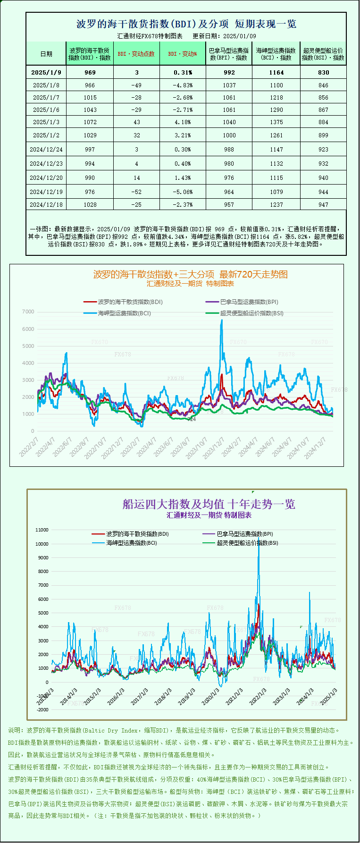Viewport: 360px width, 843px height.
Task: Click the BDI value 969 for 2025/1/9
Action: pyautogui.click(x=90, y=73)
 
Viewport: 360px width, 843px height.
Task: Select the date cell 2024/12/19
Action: pyautogui.click(x=46, y=192)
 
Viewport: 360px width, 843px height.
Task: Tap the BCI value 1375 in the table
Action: pyautogui.click(x=276, y=122)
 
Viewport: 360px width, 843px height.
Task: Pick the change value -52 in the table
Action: pyautogui.click(x=136, y=192)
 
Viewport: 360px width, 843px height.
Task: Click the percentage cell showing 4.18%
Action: pyautogui.click(x=183, y=122)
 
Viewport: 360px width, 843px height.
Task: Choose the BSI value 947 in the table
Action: pyautogui.click(x=323, y=205)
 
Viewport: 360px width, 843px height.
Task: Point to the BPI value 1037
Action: pyautogui.click(x=229, y=85)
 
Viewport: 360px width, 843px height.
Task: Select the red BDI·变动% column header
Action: pyautogui.click(x=183, y=54)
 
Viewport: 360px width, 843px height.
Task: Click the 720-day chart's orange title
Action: pyautogui.click(x=190, y=274)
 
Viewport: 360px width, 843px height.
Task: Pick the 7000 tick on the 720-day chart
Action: pyautogui.click(x=28, y=312)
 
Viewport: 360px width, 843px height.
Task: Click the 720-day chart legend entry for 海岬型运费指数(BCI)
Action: pyautogui.click(x=124, y=313)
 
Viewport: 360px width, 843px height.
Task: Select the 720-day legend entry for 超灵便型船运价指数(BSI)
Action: pyautogui.click(x=251, y=313)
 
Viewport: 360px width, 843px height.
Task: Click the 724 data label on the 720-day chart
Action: pyautogui.click(x=192, y=419)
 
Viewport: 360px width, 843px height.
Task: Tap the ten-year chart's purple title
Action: pyautogui.click(x=209, y=504)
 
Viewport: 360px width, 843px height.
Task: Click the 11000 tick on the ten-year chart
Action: pyautogui.click(x=42, y=530)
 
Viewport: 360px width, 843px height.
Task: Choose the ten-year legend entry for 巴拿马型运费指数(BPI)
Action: pyautogui.click(x=244, y=534)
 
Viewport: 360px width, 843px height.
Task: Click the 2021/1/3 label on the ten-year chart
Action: pyautogui.click(x=234, y=696)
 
